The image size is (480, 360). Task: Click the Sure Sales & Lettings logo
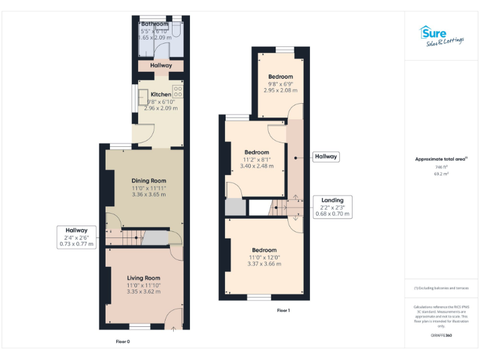coord(441,36)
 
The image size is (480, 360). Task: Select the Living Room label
coord(144,278)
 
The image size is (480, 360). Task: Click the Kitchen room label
coord(161,94)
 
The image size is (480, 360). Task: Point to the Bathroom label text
coord(154,24)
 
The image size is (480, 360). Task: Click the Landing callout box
coord(332,207)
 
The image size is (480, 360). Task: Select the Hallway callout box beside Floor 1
coord(326,157)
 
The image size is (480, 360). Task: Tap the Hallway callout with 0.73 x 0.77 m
coord(77,237)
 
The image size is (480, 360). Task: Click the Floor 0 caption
coord(123,342)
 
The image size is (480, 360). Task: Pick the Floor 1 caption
coord(284,311)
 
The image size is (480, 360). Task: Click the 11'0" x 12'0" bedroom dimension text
coord(264,257)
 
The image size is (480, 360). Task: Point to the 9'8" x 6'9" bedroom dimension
coord(280,84)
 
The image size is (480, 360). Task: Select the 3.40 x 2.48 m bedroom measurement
coord(256,166)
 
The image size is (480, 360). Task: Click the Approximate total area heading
coord(441,159)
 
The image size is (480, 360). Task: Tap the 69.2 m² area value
coord(441,174)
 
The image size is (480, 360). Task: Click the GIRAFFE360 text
coord(441,336)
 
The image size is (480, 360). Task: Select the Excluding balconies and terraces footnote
coord(441,288)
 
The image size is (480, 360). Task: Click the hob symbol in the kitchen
coord(177,91)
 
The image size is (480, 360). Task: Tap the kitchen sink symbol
coord(143,96)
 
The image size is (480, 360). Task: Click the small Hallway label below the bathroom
coord(161,65)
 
